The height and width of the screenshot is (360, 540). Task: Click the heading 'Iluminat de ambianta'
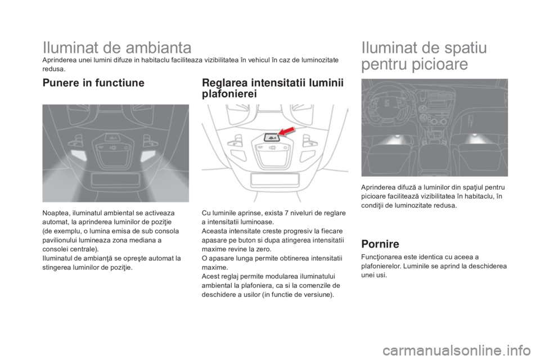coord(117,48)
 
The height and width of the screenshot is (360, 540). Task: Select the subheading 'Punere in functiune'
coord(93,83)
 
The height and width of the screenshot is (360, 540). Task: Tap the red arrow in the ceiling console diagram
coord(286,131)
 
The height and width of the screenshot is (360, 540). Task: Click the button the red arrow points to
coord(271,137)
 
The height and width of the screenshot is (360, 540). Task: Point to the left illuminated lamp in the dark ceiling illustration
coord(79,155)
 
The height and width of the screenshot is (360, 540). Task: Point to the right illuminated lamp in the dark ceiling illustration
coord(148,156)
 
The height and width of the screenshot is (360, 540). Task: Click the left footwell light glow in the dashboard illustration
coord(392,140)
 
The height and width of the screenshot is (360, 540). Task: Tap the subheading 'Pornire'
coord(380,244)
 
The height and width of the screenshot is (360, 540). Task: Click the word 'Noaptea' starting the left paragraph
coord(54,213)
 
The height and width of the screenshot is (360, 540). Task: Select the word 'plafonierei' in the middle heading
coord(229,94)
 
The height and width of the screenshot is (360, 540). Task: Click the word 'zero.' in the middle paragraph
coord(264,249)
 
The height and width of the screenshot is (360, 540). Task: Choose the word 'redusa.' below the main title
coord(54,69)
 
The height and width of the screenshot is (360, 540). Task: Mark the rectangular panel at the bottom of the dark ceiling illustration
coord(115,179)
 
